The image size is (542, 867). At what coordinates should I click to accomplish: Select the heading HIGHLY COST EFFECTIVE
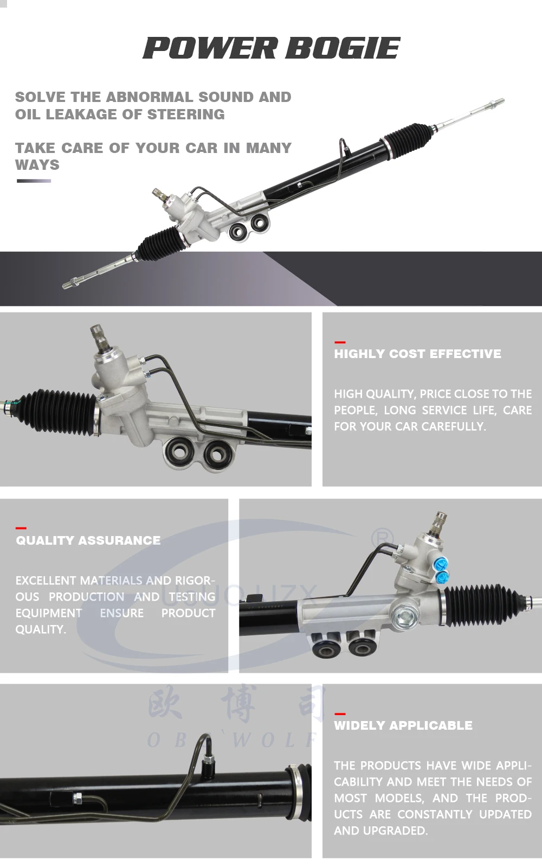click(417, 354)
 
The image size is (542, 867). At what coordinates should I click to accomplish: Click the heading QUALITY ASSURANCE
click(88, 540)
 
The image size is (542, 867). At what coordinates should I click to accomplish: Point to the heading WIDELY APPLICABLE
click(403, 725)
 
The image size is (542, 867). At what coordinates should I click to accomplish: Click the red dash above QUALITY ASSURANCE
click(21, 528)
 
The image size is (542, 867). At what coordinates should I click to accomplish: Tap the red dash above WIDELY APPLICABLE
click(340, 713)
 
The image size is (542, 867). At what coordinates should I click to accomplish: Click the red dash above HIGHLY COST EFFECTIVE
click(340, 342)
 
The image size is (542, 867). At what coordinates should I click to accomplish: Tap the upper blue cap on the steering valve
click(439, 564)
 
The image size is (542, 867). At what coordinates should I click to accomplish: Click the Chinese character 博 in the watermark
click(237, 704)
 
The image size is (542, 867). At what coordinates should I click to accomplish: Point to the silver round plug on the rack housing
click(404, 615)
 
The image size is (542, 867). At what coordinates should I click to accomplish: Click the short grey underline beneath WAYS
click(34, 181)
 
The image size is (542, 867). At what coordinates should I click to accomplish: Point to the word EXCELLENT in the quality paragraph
click(46, 581)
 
